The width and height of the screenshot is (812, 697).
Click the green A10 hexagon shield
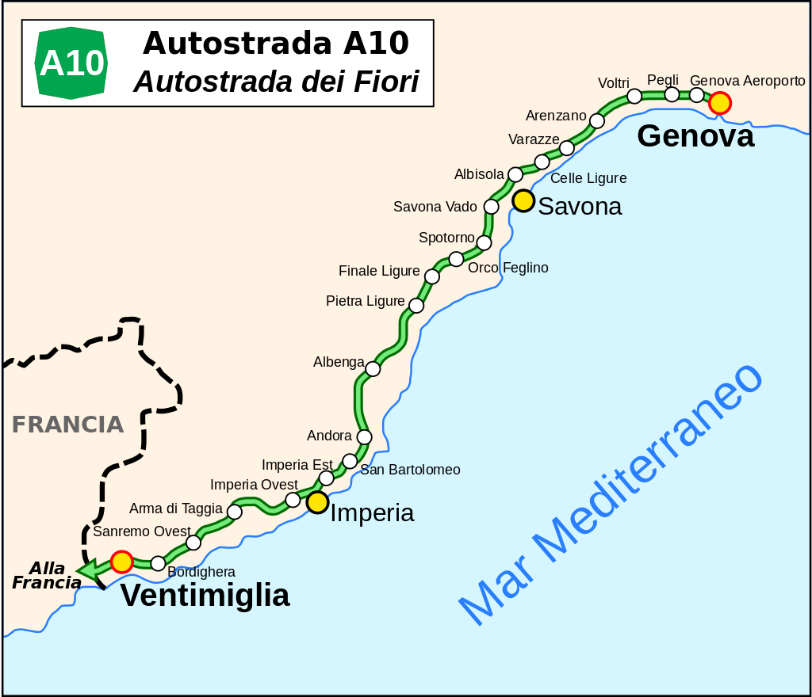point(72,63)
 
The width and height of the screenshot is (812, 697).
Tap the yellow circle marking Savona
point(523,200)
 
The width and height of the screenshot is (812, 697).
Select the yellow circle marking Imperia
point(317,501)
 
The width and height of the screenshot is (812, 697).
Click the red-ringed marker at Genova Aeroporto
point(719,103)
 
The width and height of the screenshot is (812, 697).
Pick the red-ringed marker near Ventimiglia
point(121,562)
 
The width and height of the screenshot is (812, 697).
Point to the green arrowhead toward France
point(87,569)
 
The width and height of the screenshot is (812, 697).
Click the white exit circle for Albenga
point(373,368)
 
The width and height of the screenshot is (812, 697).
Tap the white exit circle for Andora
point(364,436)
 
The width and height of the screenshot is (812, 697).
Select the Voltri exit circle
point(634,96)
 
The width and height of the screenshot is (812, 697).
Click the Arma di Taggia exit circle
point(234,512)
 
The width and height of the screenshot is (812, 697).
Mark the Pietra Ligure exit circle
point(416,305)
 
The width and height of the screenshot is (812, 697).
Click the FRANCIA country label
point(67,425)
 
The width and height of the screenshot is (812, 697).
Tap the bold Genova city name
point(695,136)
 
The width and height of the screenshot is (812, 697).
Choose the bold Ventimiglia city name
point(205,596)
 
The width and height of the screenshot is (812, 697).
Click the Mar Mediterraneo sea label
point(611,495)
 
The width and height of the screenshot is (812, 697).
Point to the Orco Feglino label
point(507,268)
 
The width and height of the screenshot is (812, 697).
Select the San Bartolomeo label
point(410,470)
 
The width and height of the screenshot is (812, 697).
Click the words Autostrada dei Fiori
point(276,81)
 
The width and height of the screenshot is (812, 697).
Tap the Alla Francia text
point(47,576)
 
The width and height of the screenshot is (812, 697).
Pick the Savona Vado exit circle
point(491,207)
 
